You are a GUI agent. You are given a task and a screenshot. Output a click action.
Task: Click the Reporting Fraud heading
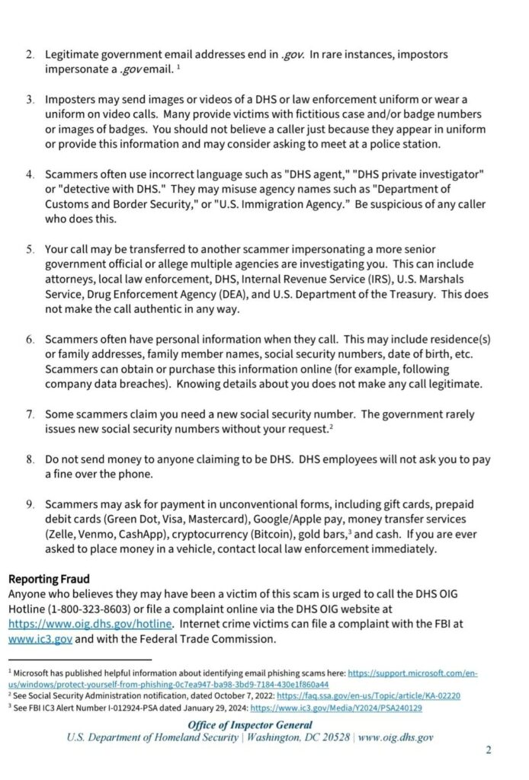click(49, 580)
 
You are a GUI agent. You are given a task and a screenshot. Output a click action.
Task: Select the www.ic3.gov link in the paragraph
click(40, 638)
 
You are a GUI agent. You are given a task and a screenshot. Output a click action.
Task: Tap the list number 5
click(30, 249)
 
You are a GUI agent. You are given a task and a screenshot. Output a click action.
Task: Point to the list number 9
click(30, 504)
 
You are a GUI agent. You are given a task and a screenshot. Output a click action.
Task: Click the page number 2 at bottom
click(489, 750)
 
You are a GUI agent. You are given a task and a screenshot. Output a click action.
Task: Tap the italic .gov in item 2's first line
click(293, 55)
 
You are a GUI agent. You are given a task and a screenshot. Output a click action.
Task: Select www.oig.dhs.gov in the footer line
click(396, 737)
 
